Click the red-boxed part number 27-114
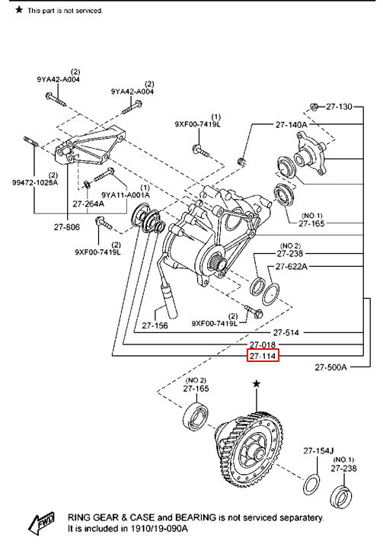click(263, 356)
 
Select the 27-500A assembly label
click(330, 367)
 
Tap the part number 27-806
click(67, 227)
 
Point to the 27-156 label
click(155, 325)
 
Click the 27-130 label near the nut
click(339, 107)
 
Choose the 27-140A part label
click(291, 124)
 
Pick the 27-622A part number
click(292, 267)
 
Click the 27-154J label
click(318, 450)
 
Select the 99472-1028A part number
click(35, 183)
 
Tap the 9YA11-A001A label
click(126, 194)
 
